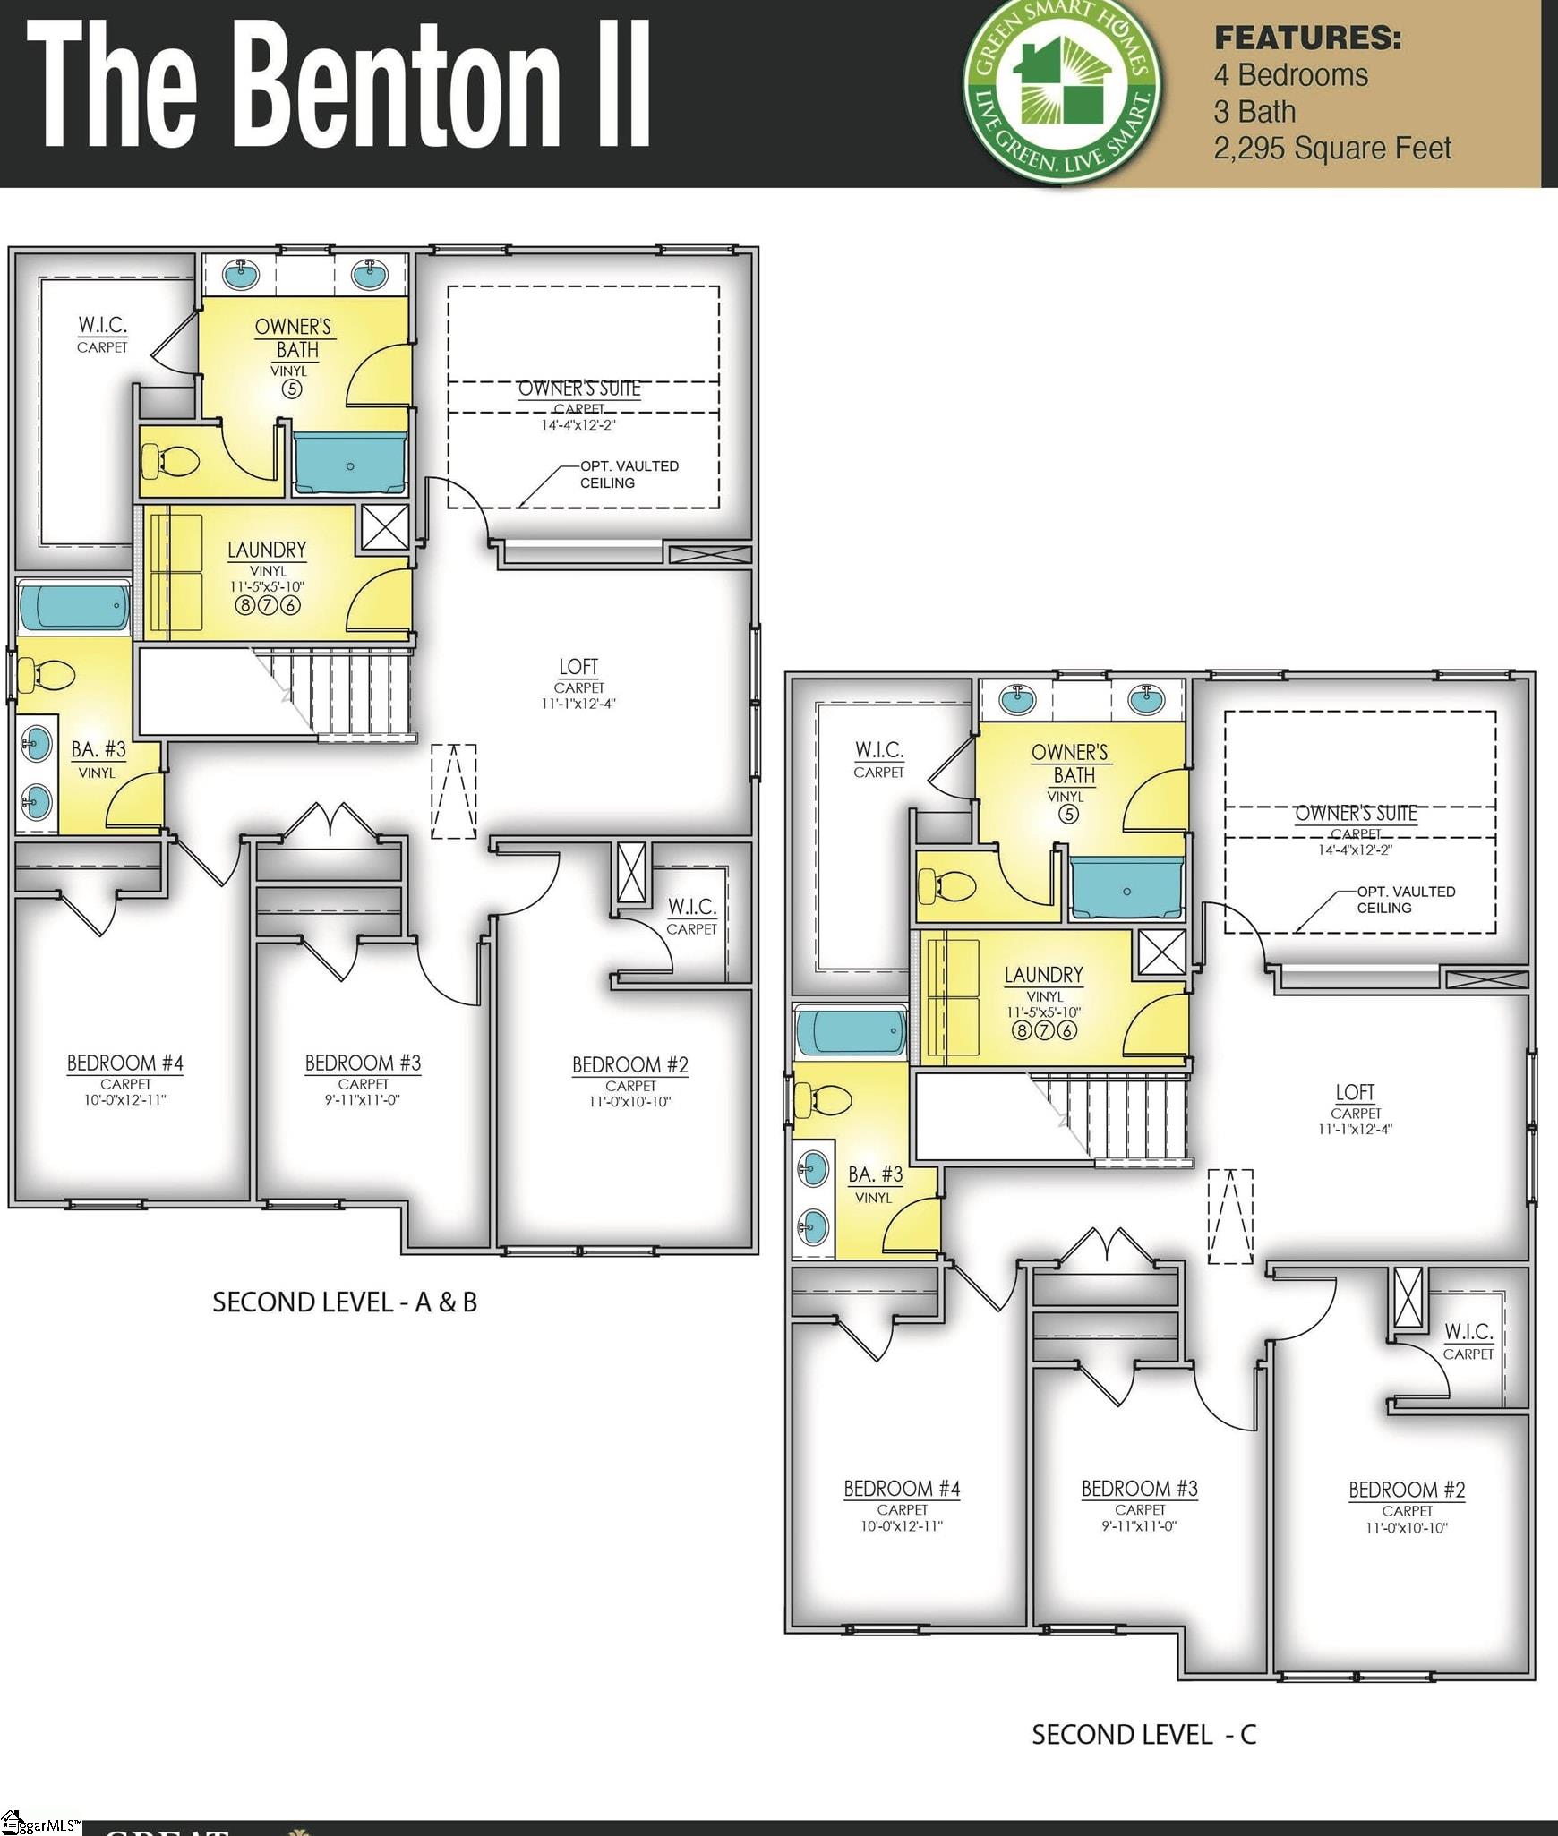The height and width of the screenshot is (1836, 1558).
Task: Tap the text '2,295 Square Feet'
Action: [1331, 149]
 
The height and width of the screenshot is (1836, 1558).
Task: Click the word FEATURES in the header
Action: [1307, 38]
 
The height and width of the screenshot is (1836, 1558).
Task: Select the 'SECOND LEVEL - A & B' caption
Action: [345, 1302]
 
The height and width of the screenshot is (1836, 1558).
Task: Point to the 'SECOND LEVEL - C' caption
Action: [1143, 1735]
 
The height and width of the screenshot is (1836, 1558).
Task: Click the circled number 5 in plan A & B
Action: [292, 389]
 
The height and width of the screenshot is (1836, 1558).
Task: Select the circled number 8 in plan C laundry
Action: [1021, 1030]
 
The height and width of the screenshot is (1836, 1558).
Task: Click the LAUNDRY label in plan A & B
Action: [267, 550]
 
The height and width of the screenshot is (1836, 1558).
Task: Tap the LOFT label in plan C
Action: [1355, 1092]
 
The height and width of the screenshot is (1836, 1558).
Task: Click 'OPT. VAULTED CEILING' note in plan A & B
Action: [629, 474]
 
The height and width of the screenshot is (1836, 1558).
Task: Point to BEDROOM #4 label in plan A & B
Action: [125, 1063]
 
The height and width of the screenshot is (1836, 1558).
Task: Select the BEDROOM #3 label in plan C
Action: [1139, 1489]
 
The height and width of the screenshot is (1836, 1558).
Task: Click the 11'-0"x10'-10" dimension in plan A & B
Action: [630, 1102]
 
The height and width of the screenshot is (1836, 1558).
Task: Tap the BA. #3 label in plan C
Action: [875, 1174]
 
